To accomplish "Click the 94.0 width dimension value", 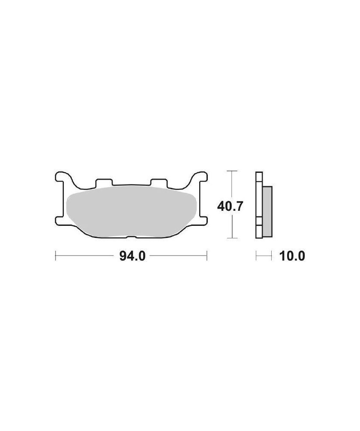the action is point(132,256).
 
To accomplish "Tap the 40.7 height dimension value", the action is point(230,206).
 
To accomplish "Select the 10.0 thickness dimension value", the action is point(292,256).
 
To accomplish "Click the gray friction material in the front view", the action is point(131,211).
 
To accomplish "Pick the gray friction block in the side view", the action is point(267,211).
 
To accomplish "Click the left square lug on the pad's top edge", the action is point(104,182).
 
